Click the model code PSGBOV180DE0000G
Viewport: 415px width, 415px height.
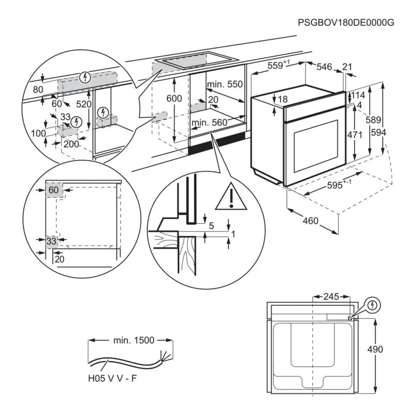346,22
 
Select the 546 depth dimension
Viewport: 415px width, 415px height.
325,67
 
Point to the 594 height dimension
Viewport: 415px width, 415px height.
379,133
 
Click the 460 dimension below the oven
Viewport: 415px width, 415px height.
310,221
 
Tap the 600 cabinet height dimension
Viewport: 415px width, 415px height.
174,99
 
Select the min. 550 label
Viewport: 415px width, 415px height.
225,85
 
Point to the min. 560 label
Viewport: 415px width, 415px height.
209,122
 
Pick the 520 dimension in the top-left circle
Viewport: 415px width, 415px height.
83,104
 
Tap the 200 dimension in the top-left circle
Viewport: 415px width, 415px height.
71,144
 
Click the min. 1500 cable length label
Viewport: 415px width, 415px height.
133,340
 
